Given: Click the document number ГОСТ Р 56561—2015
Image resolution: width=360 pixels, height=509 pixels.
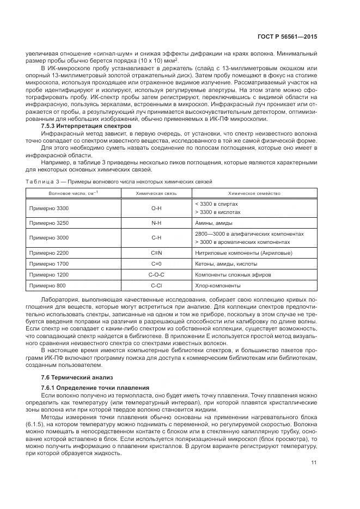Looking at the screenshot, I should [x=288, y=36].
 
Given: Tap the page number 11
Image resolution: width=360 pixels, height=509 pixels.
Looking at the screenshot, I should [x=314, y=463].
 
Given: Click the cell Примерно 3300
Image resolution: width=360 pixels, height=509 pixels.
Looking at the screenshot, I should [x=49, y=208].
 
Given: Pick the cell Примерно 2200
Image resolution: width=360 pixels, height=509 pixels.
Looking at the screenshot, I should [x=49, y=253].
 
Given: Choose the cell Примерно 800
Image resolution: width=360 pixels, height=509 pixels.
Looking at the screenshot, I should [x=47, y=285].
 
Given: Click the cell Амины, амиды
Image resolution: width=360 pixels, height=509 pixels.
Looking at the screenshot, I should [x=213, y=223].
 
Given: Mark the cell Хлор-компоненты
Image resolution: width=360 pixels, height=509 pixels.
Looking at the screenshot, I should [x=217, y=285].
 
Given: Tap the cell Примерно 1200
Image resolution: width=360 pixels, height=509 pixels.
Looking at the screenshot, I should [x=49, y=275].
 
